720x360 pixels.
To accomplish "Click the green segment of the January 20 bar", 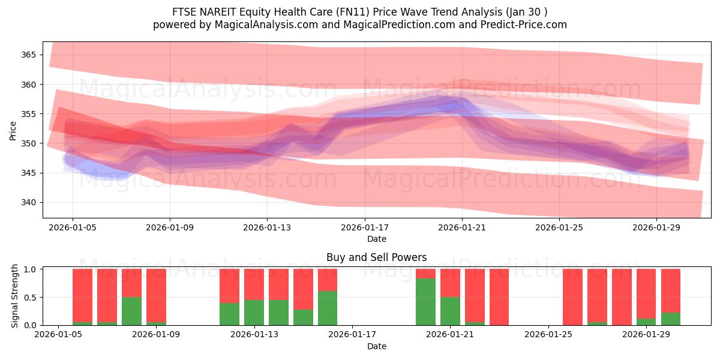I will (425, 302).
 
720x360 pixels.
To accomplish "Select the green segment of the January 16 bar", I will (328, 308).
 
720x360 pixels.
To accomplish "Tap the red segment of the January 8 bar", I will (131, 283).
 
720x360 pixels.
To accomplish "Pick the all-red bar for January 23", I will (499, 297).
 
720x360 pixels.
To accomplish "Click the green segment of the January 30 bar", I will (671, 319).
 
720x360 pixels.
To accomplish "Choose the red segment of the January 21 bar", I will (450, 283).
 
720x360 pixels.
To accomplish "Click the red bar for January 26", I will (572, 297).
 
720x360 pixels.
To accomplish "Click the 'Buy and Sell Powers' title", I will (377, 257).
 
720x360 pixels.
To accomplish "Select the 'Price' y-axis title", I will (13, 131).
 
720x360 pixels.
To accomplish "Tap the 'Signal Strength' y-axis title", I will (15, 296).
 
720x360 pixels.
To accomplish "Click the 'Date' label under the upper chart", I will (377, 239).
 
